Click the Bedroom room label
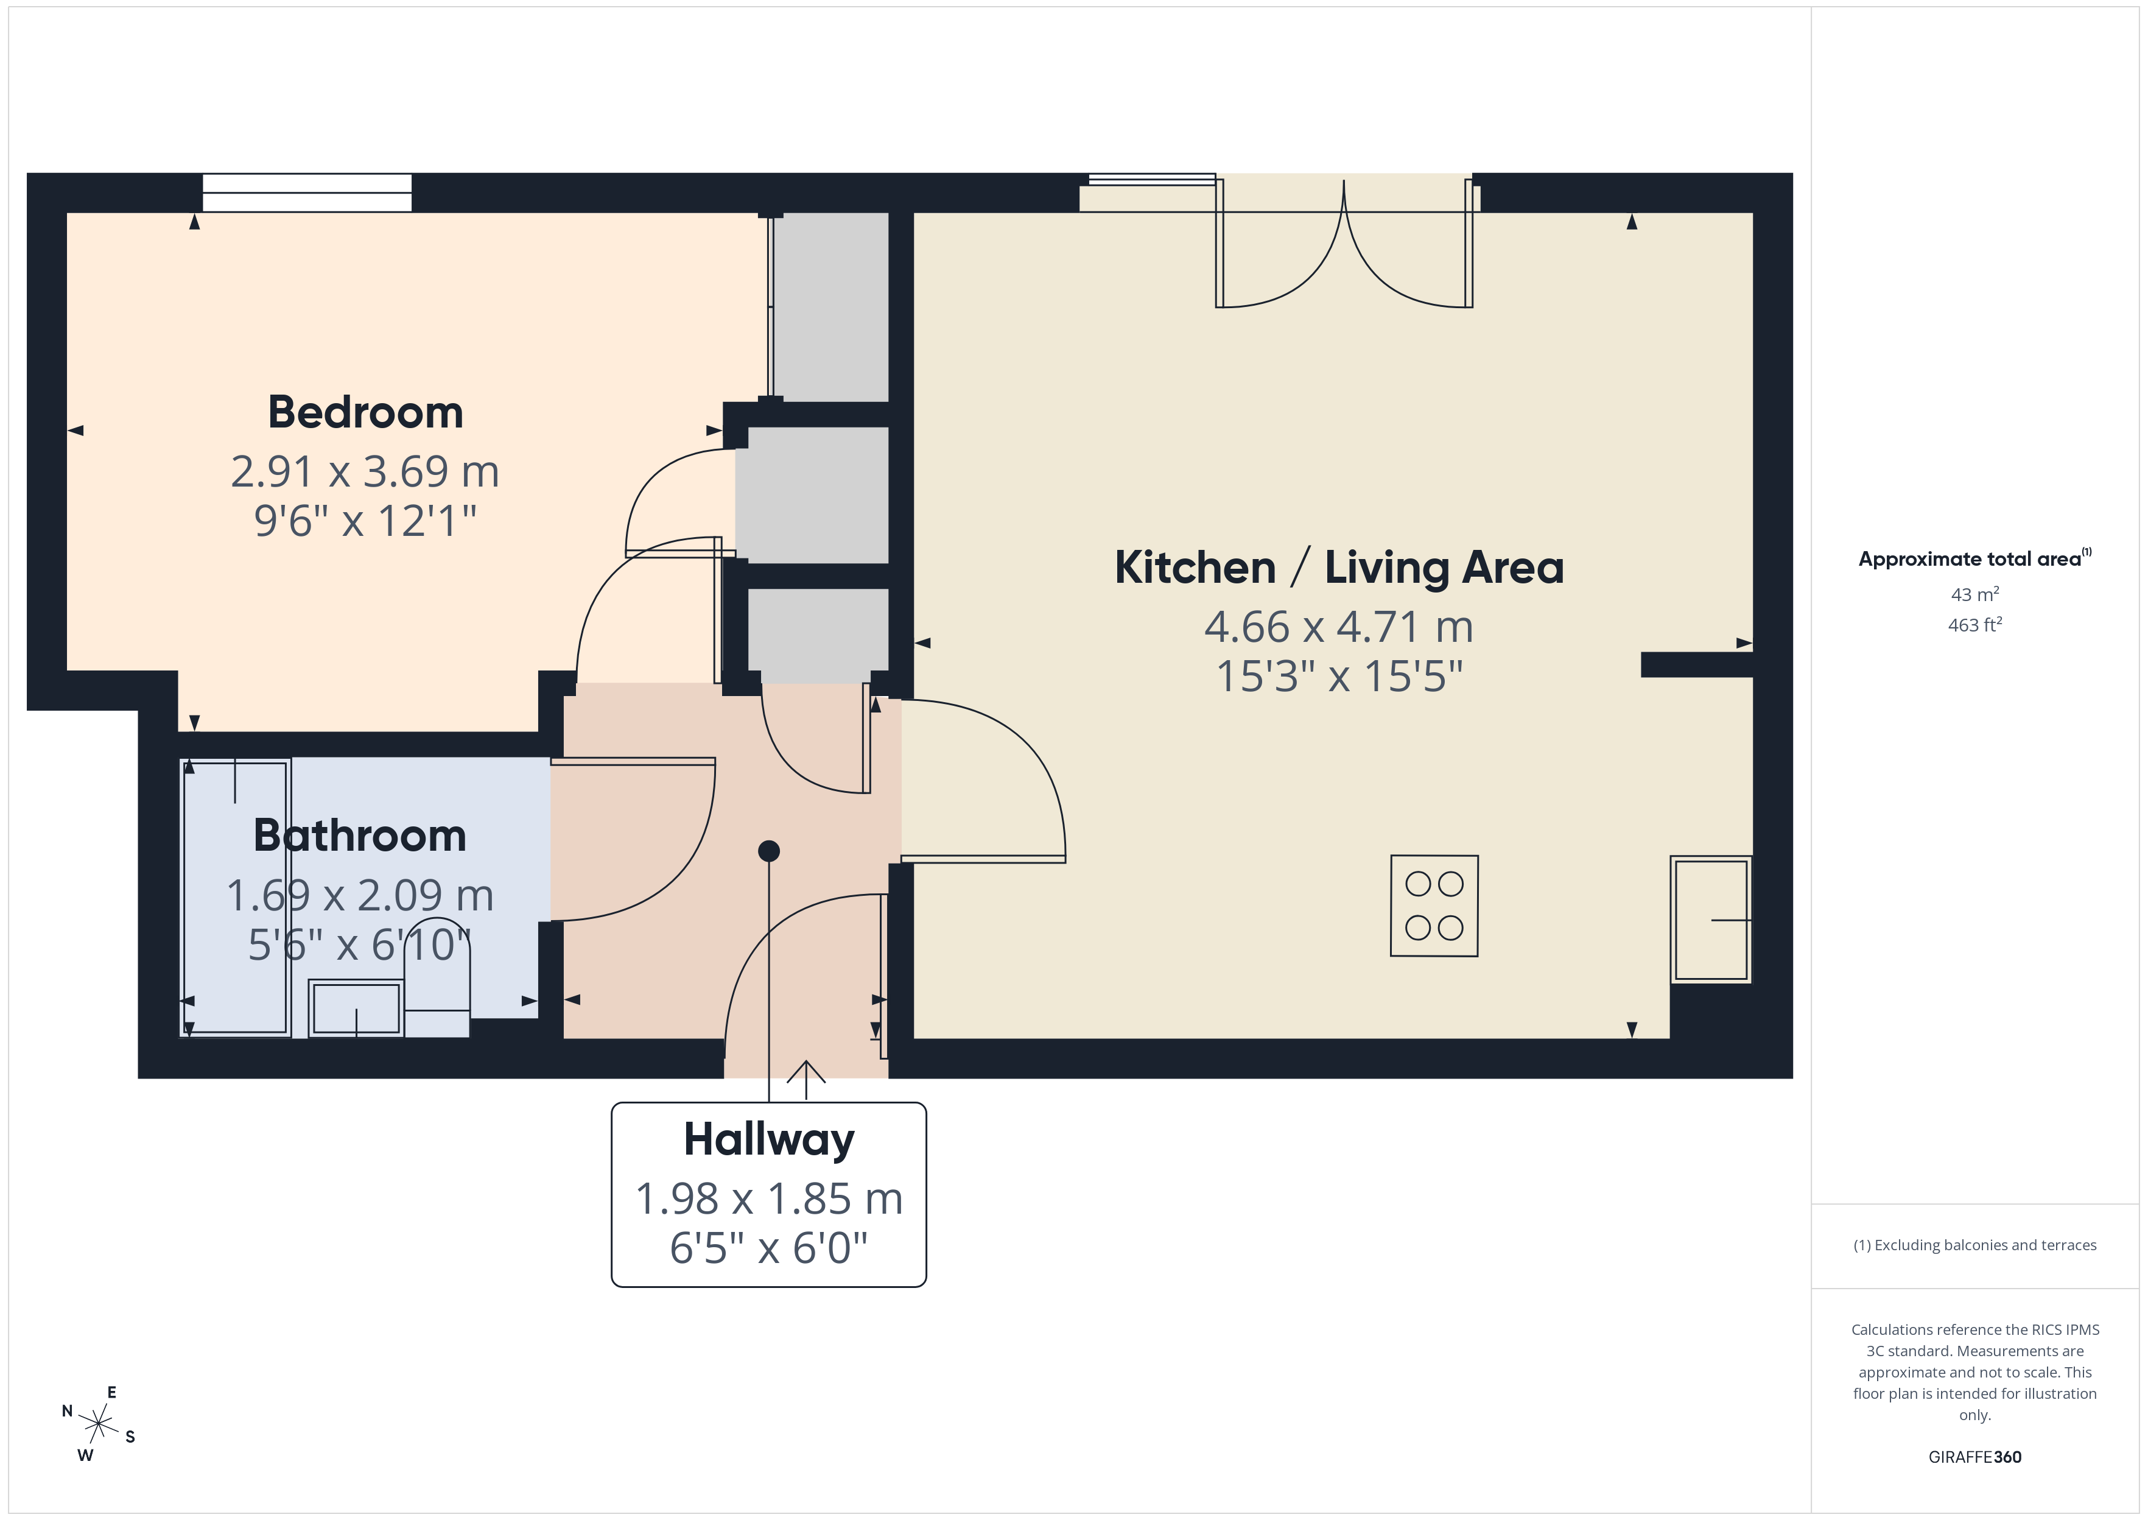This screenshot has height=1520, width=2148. [x=365, y=413]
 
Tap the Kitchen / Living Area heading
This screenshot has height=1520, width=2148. [x=1339, y=568]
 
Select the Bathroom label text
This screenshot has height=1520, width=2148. [x=359, y=836]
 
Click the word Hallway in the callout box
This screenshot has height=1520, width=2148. [x=768, y=1140]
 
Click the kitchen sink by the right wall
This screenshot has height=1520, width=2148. [x=1710, y=919]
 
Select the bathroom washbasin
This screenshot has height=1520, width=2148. [x=356, y=1007]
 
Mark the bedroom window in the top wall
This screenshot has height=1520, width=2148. [x=307, y=193]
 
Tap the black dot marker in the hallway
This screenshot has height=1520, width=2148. [x=769, y=851]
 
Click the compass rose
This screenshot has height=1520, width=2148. [x=98, y=1424]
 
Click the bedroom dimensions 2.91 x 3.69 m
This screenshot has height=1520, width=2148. [x=365, y=472]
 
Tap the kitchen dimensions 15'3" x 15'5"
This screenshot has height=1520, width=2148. [x=1339, y=677]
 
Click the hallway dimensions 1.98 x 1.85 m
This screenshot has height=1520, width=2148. [x=768, y=1199]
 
